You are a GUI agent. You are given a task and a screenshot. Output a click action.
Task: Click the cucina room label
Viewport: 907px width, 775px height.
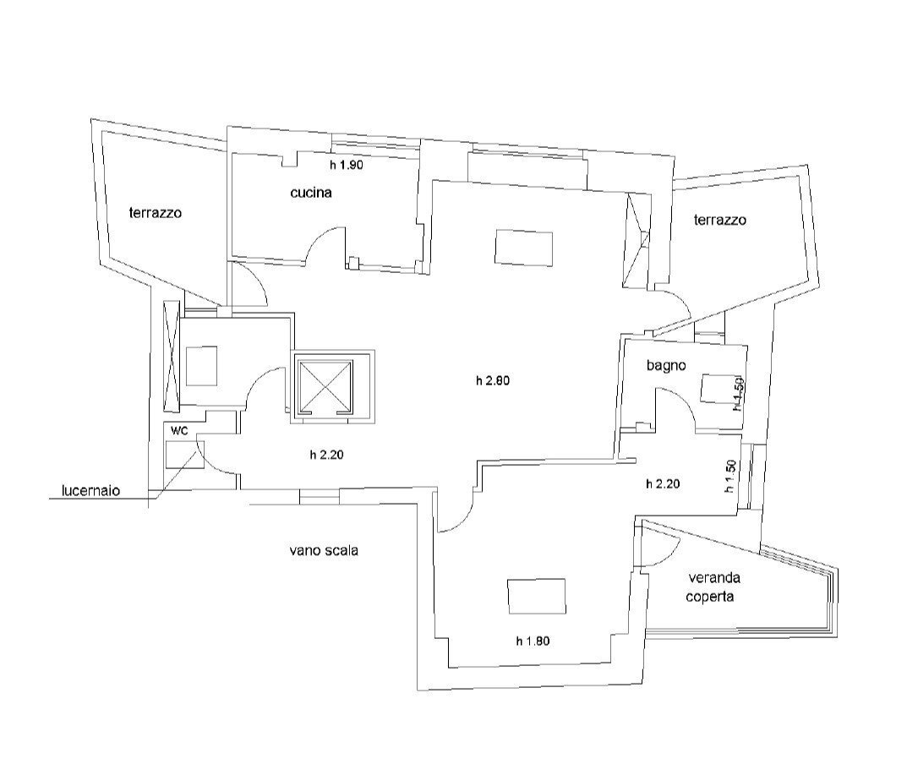[310, 193]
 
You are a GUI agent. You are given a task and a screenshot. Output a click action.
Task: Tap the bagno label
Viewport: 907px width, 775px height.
[665, 366]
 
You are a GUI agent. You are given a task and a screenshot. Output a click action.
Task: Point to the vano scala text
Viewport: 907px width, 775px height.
[324, 550]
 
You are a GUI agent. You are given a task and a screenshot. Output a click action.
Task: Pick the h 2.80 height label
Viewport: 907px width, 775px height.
[493, 380]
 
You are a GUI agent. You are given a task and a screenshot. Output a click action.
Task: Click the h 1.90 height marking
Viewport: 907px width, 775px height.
[346, 166]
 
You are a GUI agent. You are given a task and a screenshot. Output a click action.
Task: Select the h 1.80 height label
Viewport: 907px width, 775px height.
[533, 641]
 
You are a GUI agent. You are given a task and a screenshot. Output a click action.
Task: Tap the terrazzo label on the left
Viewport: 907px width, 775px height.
[155, 213]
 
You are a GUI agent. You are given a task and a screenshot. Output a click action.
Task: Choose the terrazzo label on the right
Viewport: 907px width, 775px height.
[719, 220]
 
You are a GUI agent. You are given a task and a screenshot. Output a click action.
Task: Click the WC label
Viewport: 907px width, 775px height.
[178, 430]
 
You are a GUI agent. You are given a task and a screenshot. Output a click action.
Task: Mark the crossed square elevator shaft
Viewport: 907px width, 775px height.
[325, 385]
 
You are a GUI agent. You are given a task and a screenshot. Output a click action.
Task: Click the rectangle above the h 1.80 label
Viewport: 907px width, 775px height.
[536, 597]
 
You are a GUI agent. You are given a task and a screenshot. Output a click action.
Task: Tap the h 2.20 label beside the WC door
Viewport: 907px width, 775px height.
[325, 455]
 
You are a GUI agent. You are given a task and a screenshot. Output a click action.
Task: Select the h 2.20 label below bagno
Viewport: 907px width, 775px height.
[662, 484]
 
